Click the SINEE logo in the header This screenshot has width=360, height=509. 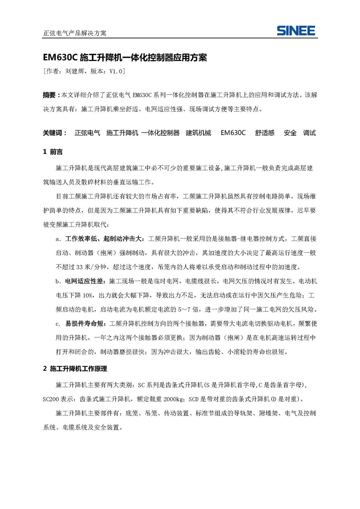click(295, 30)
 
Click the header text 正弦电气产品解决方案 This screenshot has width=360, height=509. click(75, 33)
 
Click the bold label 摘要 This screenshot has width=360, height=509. click(49, 95)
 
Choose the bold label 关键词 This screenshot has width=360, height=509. click(53, 133)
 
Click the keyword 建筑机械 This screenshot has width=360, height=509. click(198, 133)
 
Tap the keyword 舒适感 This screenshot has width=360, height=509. click(265, 133)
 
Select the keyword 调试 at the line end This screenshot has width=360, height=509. click(309, 133)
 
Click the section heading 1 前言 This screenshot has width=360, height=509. click(53, 152)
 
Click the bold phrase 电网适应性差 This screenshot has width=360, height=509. click(85, 281)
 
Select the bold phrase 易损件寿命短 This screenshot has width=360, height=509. click(85, 324)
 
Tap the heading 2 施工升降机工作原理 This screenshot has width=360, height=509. click(75, 369)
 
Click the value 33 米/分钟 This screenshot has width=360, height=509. click(91, 267)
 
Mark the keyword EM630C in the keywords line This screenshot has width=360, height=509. click(233, 133)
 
